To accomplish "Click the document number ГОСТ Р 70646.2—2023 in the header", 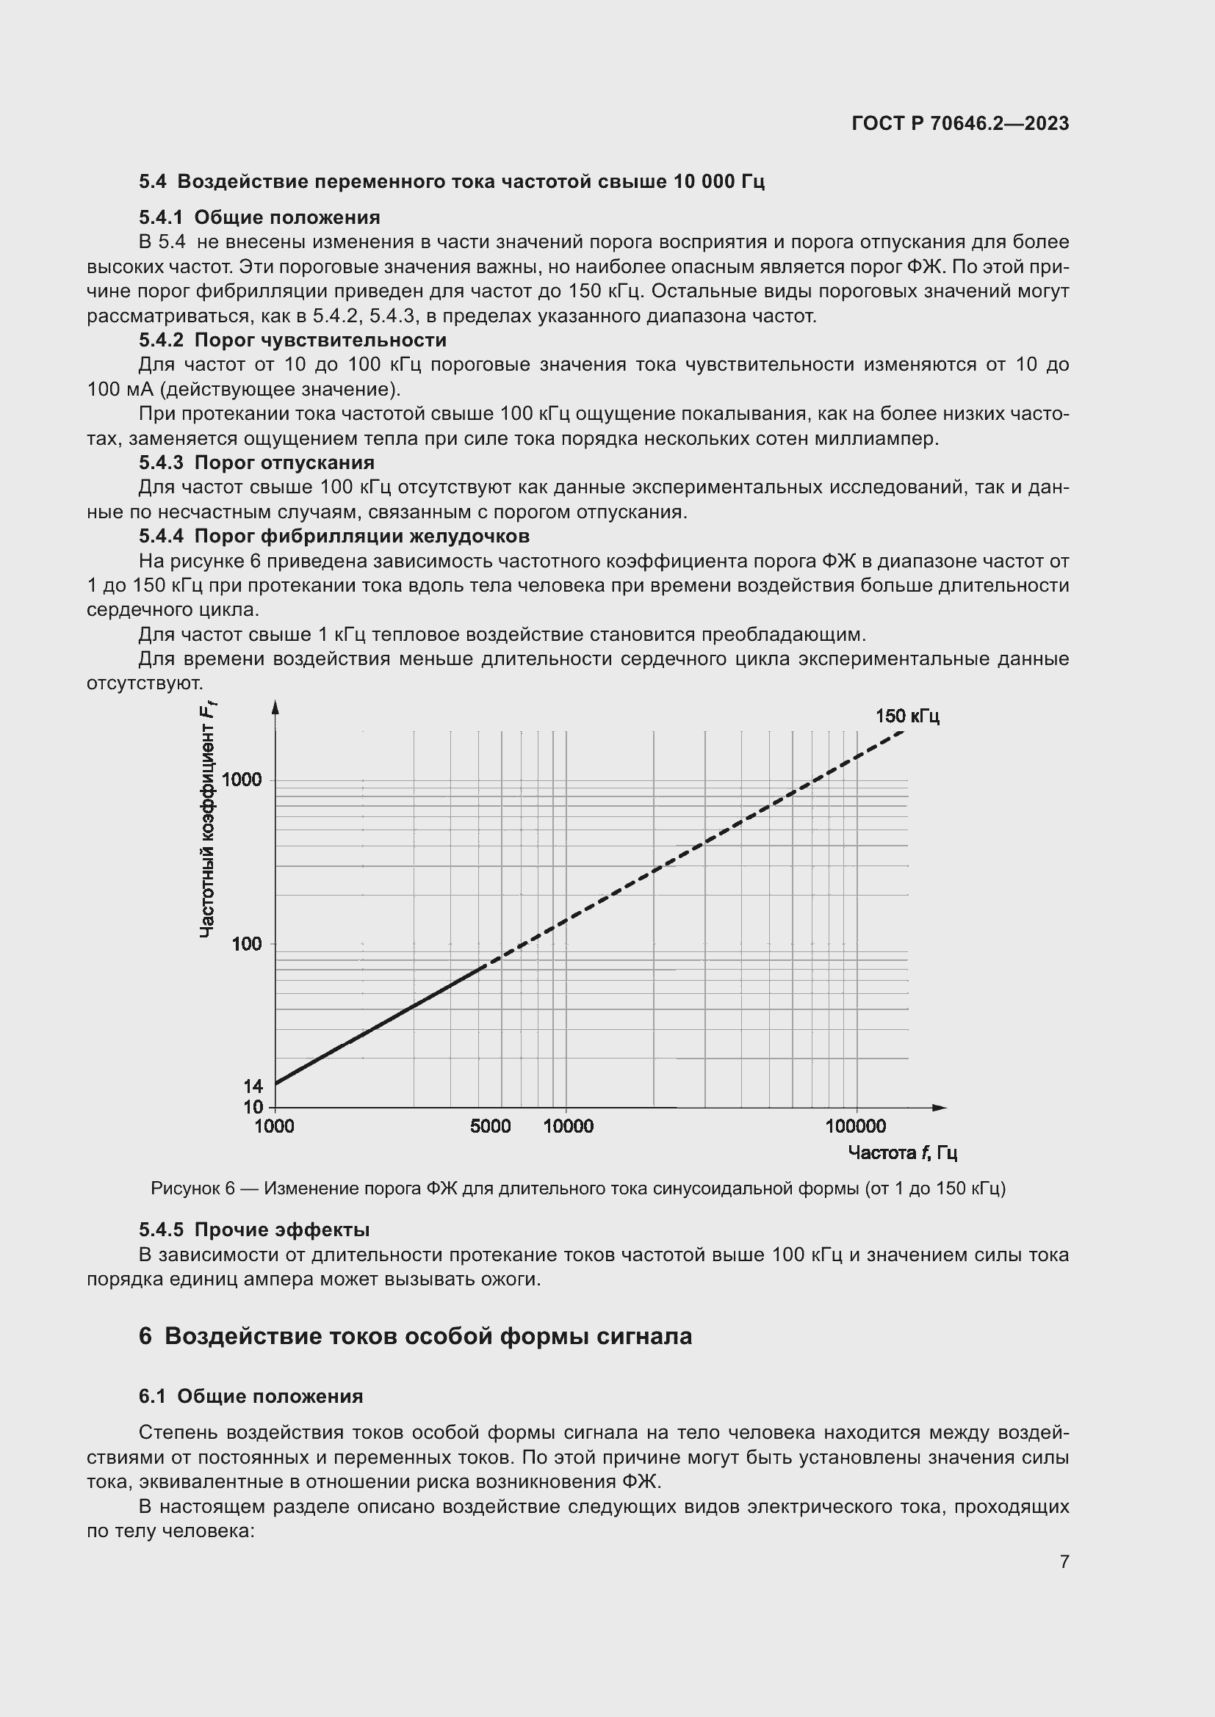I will point(960,123).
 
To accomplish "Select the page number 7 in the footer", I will point(1064,1561).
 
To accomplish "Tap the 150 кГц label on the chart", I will point(906,716).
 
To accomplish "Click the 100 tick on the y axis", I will point(247,944).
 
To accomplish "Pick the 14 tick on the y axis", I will point(253,1086).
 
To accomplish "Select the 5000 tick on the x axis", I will point(490,1126).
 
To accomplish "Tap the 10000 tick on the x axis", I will point(568,1126).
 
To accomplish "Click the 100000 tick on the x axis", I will point(855,1126).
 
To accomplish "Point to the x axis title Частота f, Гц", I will point(902,1152).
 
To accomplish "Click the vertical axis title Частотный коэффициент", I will point(207,823).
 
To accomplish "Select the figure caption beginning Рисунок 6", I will point(577,1188).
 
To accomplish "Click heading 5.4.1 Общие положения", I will point(259,217).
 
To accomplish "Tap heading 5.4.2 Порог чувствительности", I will point(292,341).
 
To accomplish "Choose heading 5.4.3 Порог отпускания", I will point(256,463).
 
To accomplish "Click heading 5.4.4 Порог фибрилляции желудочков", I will point(334,536).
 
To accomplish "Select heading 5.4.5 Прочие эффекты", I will point(254,1230).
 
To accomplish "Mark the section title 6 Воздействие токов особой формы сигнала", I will point(415,1335).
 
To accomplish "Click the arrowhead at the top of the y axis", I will point(275,707).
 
